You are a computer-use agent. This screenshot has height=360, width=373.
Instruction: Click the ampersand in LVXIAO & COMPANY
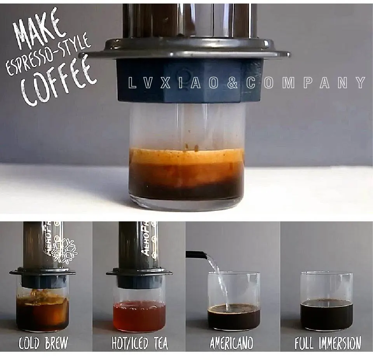232,83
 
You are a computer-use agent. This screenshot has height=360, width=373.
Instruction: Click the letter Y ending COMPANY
361,82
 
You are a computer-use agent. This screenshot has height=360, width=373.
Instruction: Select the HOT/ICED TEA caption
140,343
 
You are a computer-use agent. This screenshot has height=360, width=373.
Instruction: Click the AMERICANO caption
232,343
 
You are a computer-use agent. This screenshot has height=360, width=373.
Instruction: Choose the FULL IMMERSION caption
328,343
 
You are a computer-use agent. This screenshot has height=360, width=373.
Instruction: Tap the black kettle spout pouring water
196,255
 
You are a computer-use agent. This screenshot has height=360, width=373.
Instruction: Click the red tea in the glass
139,316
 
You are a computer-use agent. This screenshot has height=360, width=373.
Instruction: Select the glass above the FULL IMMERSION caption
327,301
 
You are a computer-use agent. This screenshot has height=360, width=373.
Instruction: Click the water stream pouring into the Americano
219,280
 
